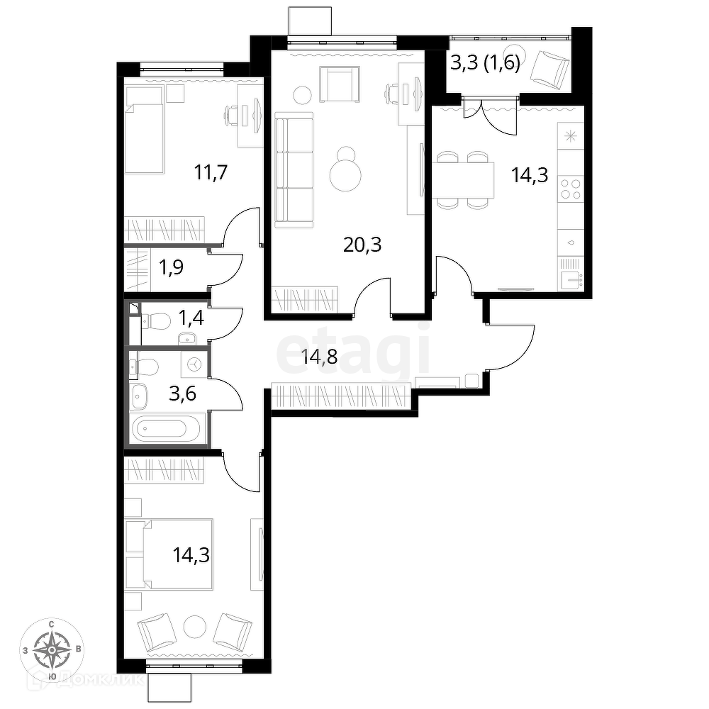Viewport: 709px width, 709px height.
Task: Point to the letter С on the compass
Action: [x=51, y=625]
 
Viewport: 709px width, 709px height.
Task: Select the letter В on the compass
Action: [x=79, y=649]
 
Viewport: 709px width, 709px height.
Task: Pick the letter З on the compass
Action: [x=26, y=649]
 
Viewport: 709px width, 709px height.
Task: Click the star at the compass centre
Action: [x=52, y=649]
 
